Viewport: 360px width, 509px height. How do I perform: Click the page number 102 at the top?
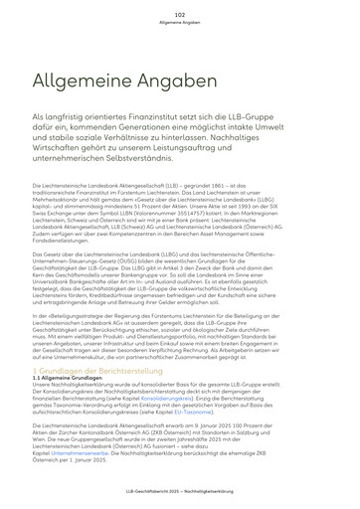(x=179, y=16)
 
